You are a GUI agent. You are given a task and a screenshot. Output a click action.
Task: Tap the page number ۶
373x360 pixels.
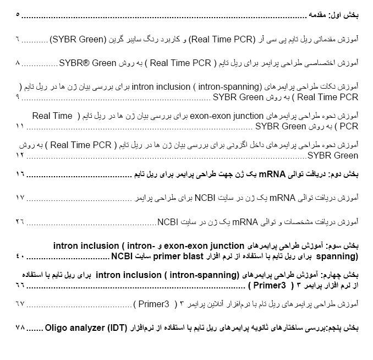(x=18, y=40)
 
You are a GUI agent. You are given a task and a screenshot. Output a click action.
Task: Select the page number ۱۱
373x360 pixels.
(x=20, y=126)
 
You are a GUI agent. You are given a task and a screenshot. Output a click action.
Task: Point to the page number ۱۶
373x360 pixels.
(x=20, y=174)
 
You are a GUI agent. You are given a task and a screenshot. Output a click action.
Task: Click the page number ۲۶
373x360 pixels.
(x=20, y=222)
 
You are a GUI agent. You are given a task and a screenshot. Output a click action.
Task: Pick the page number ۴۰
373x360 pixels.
(x=20, y=256)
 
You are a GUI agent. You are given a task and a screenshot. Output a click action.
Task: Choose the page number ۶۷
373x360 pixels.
(x=20, y=303)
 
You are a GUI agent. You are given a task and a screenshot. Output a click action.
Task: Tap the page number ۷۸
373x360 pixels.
(x=20, y=328)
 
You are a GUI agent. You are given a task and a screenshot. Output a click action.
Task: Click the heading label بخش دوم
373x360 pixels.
(x=344, y=174)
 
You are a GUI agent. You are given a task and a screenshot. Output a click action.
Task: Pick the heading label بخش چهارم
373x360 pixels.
(x=342, y=274)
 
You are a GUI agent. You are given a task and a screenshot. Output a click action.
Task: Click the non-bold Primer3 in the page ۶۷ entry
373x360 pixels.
(x=150, y=303)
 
